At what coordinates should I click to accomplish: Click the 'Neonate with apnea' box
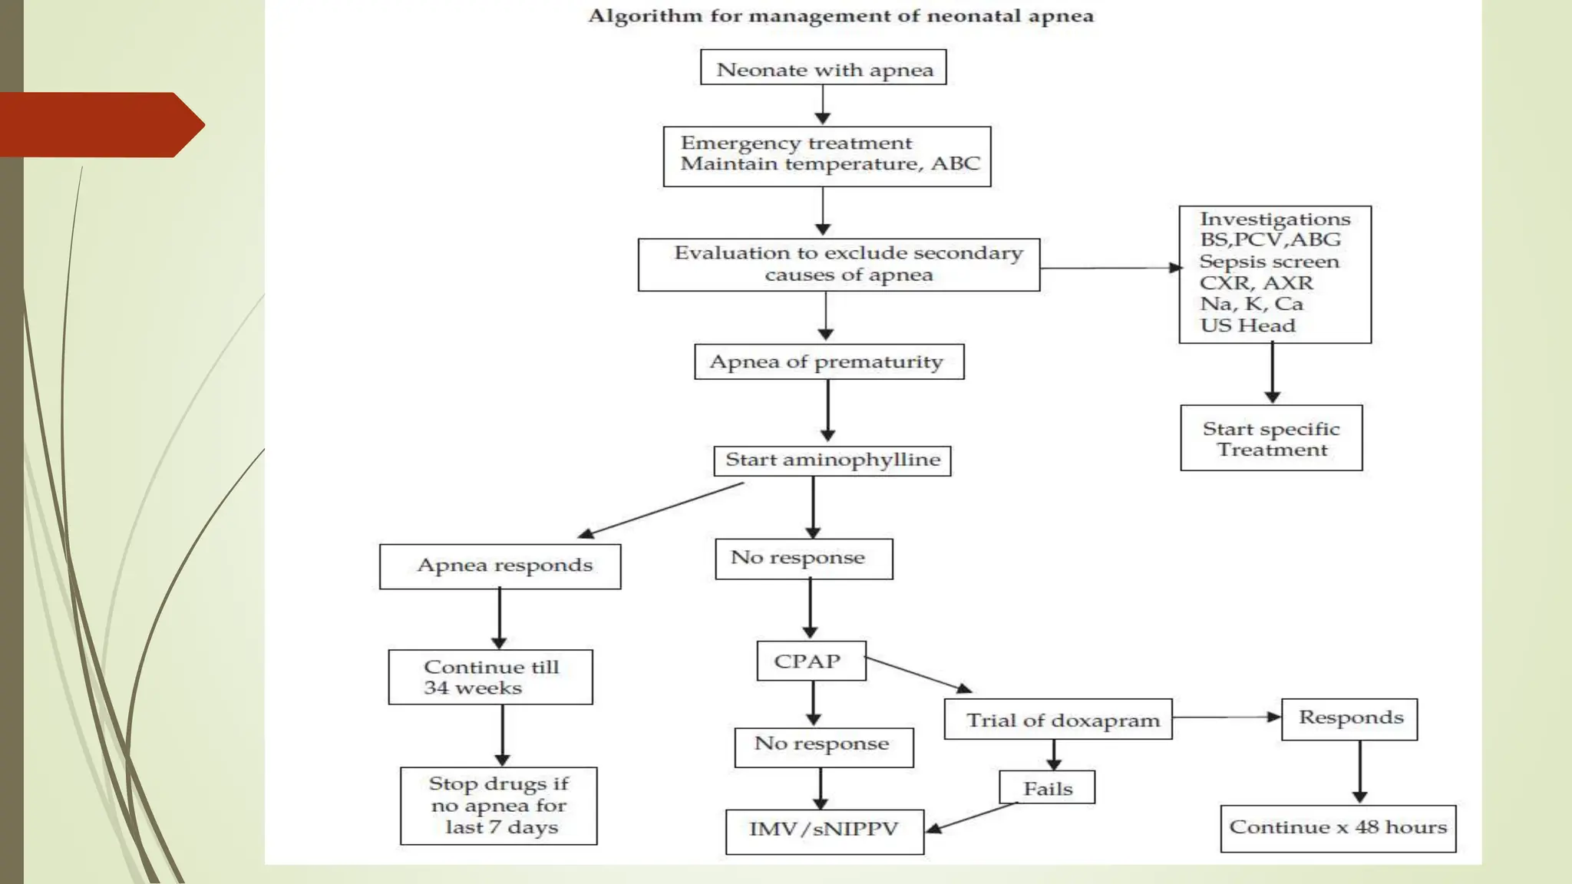[823, 68]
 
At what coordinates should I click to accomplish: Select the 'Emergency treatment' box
[827, 157]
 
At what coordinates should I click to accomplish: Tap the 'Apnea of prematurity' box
[828, 361]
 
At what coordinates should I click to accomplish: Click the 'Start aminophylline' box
[832, 460]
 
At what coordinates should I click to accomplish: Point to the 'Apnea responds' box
[500, 566]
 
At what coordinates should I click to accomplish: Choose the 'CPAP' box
[811, 661]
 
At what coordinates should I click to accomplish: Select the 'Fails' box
[1047, 787]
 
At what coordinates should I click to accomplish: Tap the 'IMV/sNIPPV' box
[824, 831]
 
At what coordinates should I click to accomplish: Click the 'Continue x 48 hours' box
[1338, 828]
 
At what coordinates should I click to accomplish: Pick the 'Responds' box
[1349, 719]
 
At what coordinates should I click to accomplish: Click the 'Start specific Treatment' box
[1271, 438]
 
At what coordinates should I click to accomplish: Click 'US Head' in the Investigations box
[1247, 325]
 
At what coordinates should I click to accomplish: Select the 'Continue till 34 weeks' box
[490, 677]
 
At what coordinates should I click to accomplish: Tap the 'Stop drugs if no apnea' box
[498, 806]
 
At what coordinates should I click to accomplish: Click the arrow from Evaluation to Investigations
[1109, 268]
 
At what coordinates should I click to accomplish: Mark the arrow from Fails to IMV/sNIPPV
[970, 816]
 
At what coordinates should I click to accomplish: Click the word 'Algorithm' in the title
[645, 16]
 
